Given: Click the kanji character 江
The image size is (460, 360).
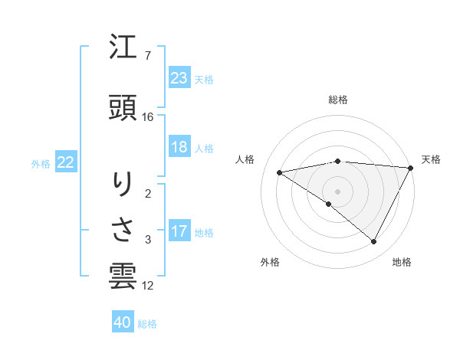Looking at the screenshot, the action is click(123, 50).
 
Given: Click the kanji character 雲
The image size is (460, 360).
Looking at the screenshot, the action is click(123, 275).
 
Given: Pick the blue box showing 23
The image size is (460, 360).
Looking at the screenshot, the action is click(179, 78).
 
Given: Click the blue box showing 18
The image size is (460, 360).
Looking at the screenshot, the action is click(179, 147).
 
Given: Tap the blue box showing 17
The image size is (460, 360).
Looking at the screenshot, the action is click(179, 231).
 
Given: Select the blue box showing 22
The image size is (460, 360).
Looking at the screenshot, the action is click(66, 162).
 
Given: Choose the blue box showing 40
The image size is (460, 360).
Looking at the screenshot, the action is click(123, 323).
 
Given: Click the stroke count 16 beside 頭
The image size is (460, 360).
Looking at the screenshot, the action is click(148, 117).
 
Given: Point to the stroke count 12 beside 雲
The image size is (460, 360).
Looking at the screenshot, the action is click(148, 286).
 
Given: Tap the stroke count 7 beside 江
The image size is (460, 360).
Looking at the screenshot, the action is click(147, 56).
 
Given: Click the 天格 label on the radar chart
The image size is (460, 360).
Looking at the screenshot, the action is click(431, 159).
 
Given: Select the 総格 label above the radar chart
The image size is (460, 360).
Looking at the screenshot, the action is click(338, 100).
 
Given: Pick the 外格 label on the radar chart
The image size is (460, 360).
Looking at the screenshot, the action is click(270, 262).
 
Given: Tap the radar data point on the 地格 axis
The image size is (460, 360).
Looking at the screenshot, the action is click(374, 242).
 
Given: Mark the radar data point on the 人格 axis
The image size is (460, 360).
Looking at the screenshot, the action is click(280, 172).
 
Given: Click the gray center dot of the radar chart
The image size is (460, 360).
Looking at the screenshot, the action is click(337, 191).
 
